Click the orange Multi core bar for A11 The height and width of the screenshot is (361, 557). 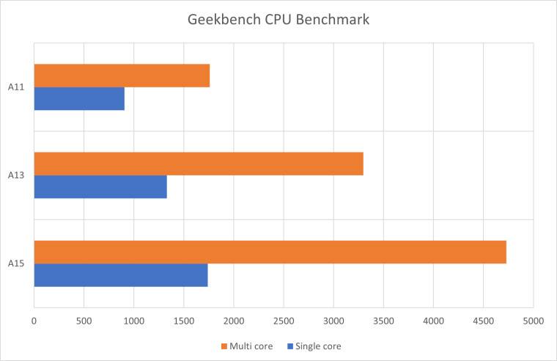pos(122,76)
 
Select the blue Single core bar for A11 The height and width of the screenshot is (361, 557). pos(79,98)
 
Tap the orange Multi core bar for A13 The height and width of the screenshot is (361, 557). pos(199,164)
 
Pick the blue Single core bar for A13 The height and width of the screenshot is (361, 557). pos(100,186)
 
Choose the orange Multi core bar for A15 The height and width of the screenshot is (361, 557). pos(270,252)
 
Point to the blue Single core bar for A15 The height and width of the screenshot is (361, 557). pos(121,274)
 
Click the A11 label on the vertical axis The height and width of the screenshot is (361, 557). pos(17,87)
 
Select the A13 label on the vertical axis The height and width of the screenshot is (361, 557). pos(17,175)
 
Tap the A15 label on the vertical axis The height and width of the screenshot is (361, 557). pos(17,263)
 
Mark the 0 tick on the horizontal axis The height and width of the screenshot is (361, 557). pos(34,321)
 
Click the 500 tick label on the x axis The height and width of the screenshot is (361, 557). pos(84,321)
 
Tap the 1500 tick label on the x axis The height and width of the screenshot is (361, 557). pos(184,321)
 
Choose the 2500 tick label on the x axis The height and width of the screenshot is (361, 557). pos(284,321)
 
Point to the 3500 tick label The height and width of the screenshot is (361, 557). pos(383,321)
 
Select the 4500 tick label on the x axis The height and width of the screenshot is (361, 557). pos(484,321)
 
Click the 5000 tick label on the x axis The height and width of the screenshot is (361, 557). pos(533,321)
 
